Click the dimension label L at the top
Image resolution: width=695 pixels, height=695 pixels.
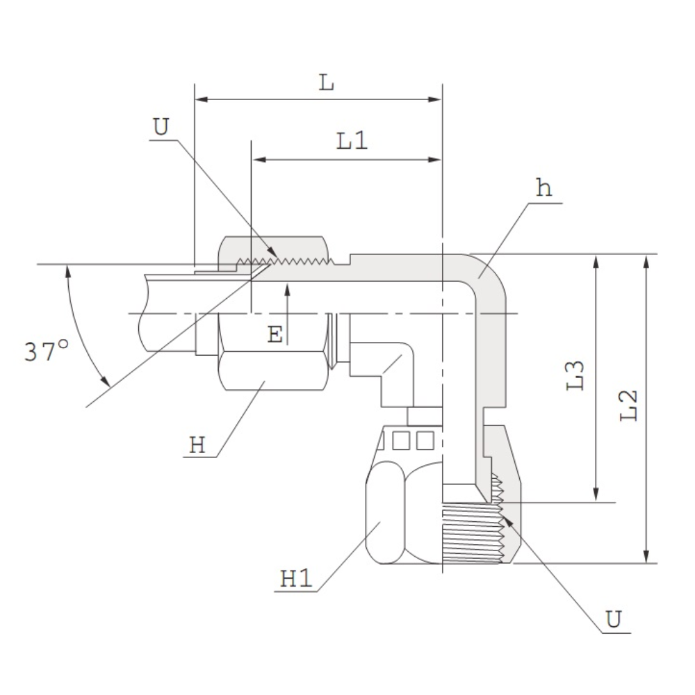(x=326, y=83)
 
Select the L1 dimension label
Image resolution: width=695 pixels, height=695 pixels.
(x=352, y=141)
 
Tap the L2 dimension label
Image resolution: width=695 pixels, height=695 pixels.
(x=628, y=406)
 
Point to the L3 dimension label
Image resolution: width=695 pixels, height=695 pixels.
(x=575, y=375)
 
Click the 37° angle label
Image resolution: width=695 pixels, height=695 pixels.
(x=47, y=351)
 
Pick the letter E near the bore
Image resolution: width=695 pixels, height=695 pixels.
(x=275, y=334)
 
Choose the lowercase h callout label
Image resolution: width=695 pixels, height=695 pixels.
(x=544, y=188)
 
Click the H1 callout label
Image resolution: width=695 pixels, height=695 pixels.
(x=295, y=579)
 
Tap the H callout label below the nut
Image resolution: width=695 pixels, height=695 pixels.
(x=197, y=445)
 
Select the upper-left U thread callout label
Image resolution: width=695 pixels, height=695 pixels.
(x=161, y=126)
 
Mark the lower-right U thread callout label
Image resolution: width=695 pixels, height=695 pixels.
(x=614, y=619)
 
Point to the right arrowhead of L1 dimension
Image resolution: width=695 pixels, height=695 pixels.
(x=435, y=160)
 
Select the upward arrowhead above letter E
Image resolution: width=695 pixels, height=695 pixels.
(x=287, y=291)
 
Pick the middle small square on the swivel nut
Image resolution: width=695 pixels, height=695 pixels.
(x=401, y=441)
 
